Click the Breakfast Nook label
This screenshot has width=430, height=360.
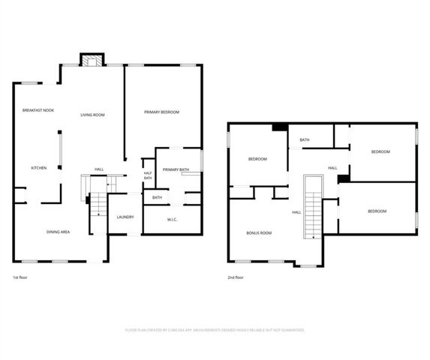(38, 110)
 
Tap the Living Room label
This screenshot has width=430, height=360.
(92, 115)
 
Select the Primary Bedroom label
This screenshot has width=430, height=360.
(162, 112)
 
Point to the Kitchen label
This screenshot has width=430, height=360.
(38, 167)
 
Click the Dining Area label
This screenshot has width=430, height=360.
(59, 232)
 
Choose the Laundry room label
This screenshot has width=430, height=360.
(125, 217)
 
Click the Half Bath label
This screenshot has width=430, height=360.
(148, 175)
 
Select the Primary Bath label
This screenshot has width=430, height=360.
(176, 169)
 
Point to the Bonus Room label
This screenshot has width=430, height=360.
(259, 233)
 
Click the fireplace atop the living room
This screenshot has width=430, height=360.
(91, 61)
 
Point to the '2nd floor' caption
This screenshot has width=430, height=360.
(236, 277)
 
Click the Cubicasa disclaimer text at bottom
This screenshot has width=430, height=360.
(214, 329)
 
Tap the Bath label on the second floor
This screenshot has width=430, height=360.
(305, 139)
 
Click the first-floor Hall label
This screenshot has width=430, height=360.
(99, 169)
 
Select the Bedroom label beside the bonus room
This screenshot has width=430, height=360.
(258, 159)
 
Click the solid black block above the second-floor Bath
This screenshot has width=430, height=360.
(280, 127)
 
